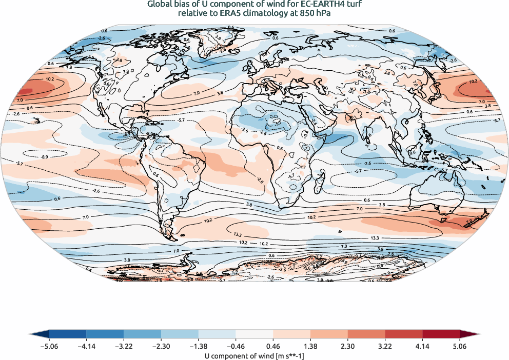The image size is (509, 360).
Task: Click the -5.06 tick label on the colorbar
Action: [49, 347]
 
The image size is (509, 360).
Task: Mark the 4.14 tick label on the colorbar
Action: [422, 347]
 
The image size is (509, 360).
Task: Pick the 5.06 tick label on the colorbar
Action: [460, 347]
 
